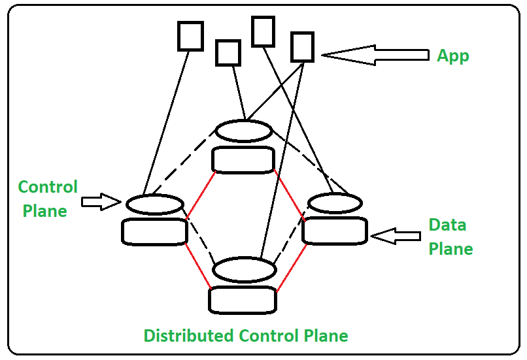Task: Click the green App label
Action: click(452, 56)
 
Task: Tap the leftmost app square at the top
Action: click(190, 36)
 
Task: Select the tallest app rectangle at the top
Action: click(263, 31)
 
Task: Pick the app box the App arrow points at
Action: click(302, 47)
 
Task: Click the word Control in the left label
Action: click(48, 188)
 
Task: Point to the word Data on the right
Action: click(447, 225)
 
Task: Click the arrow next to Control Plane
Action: click(102, 202)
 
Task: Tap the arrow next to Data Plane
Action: click(395, 236)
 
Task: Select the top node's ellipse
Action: click(244, 131)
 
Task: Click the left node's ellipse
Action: click(154, 205)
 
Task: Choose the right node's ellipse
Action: click(335, 204)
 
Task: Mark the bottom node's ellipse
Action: click(244, 269)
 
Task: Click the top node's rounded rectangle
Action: click(244, 160)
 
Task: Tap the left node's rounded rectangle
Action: click(154, 231)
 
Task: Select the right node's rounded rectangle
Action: click(335, 231)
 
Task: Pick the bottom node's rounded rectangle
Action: click(243, 300)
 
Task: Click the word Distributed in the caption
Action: click(189, 336)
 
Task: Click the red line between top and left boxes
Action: click(200, 195)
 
